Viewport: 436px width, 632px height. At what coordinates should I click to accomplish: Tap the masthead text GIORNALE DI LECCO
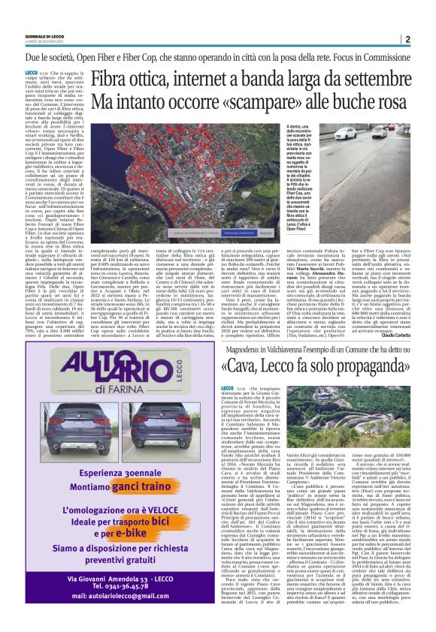46,37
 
